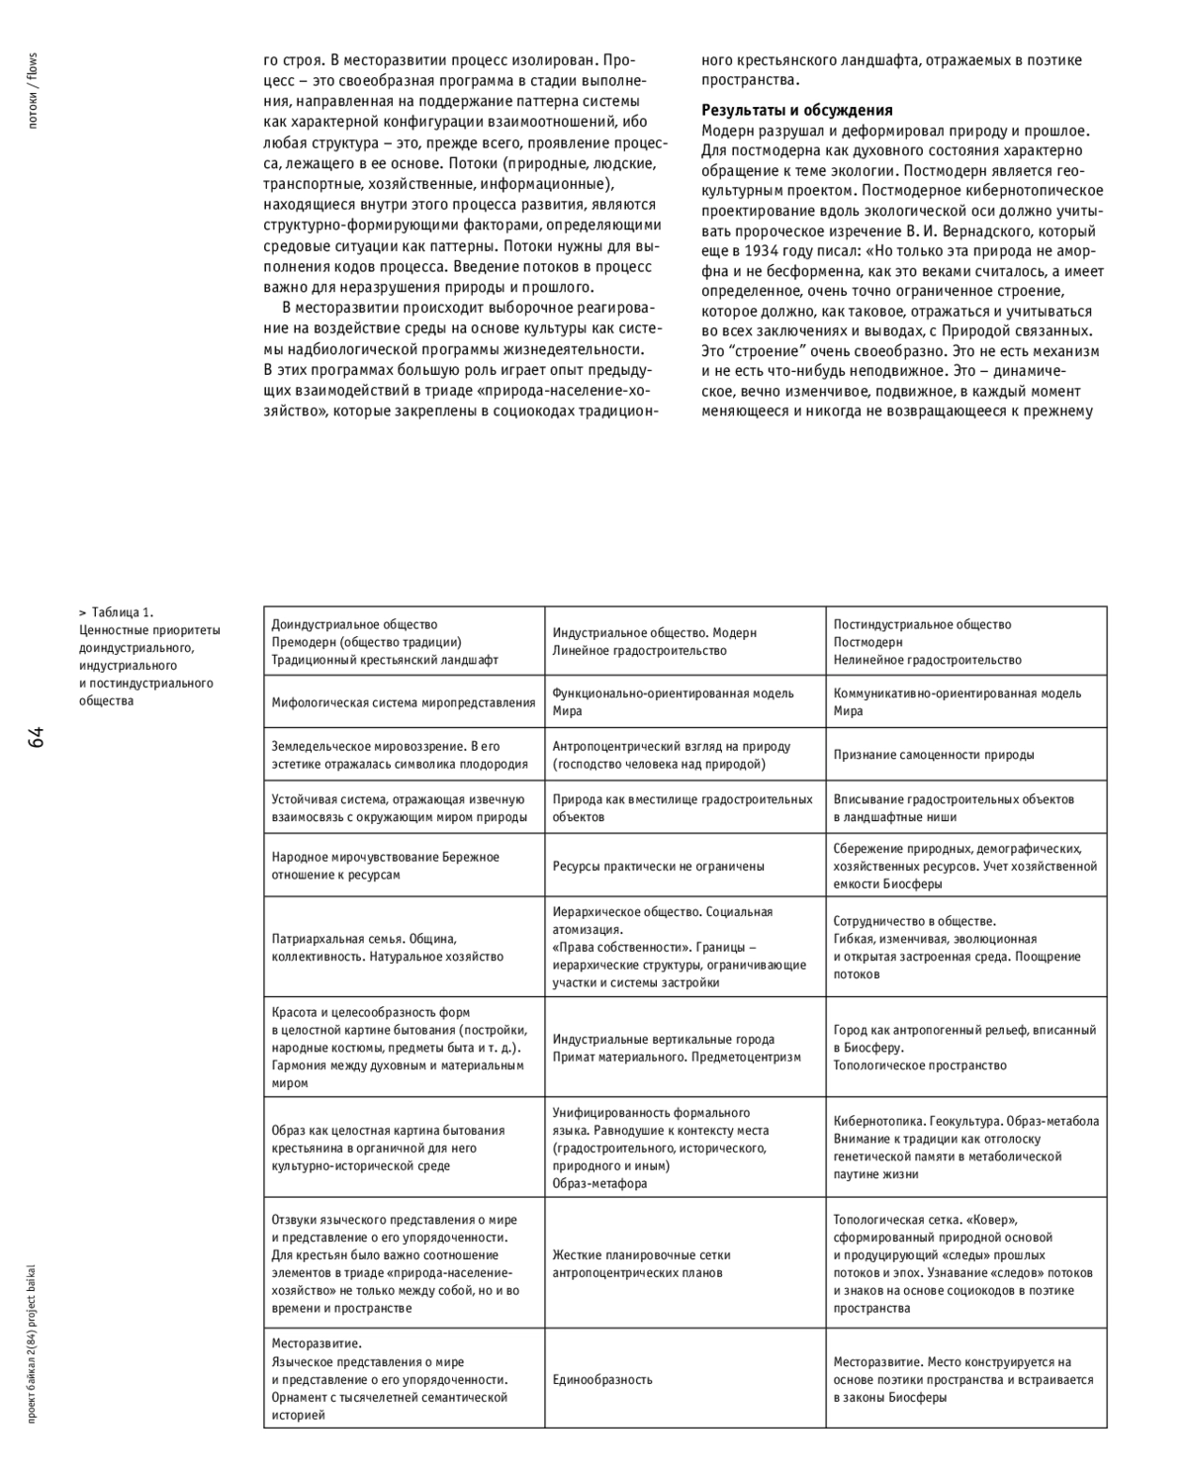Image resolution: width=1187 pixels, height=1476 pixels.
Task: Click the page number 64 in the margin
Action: coord(37,737)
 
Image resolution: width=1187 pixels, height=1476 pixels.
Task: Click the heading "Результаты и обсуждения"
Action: coord(797,110)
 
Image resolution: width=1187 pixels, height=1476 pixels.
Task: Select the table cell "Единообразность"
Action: coord(602,1379)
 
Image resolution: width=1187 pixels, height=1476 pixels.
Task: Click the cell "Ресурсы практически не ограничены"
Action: coord(658,866)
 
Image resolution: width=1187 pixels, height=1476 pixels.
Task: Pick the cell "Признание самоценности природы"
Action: coord(934,754)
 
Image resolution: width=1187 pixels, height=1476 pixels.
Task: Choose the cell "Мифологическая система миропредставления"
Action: coord(404,702)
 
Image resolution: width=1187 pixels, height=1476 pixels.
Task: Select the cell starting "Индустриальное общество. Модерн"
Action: coord(654,641)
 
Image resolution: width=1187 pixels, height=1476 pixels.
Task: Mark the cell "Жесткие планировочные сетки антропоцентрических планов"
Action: coord(641,1263)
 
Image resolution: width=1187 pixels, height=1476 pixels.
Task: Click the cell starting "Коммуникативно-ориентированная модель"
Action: coord(957,701)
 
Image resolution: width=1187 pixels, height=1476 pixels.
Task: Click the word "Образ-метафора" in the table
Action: coord(599,1183)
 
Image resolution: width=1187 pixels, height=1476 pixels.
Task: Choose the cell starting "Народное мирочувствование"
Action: coord(385,866)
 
